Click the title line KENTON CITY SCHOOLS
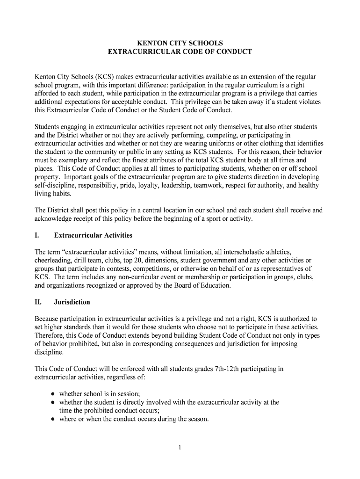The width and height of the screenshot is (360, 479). click(x=180, y=43)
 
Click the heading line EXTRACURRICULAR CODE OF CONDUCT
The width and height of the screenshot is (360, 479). click(x=180, y=51)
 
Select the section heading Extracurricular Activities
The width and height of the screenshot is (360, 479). click(x=93, y=235)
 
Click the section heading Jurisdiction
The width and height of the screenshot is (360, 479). click(x=72, y=302)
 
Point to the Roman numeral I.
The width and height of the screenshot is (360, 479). click(x=37, y=235)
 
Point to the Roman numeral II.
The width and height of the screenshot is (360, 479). click(x=38, y=302)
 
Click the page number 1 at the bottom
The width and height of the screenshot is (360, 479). click(x=180, y=448)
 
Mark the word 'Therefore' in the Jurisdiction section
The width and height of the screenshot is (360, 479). click(x=50, y=336)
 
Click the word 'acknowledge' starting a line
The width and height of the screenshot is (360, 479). click(x=54, y=219)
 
